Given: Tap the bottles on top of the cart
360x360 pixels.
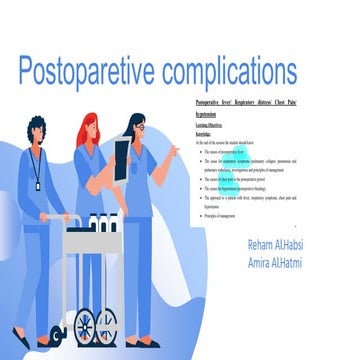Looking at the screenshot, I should [98, 222].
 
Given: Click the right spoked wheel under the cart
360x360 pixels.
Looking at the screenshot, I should [105, 324].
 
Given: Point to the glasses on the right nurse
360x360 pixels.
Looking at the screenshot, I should [140, 127].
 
